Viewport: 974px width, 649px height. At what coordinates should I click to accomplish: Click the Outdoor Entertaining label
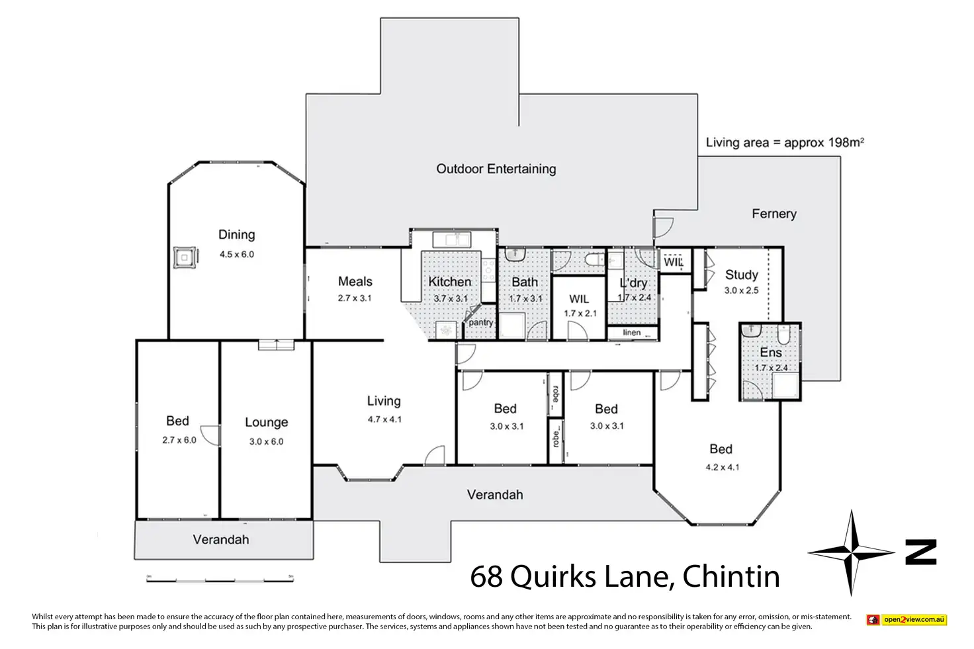(x=496, y=169)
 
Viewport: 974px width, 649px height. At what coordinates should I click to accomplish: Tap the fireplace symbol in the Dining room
(x=185, y=257)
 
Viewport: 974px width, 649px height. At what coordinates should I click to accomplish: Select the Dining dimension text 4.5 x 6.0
(x=237, y=254)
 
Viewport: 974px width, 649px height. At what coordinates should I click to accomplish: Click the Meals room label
(x=355, y=282)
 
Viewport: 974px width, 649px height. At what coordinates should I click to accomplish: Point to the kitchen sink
(x=452, y=239)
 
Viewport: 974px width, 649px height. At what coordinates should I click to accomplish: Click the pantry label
(x=481, y=323)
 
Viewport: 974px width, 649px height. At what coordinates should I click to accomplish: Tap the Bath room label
(x=525, y=282)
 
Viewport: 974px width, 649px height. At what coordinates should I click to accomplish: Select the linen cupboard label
(x=632, y=333)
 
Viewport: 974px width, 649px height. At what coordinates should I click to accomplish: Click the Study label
(x=741, y=275)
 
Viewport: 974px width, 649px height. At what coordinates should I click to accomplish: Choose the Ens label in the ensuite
(x=771, y=353)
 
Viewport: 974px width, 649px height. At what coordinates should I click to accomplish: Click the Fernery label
(x=774, y=214)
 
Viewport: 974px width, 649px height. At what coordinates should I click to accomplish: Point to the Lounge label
(x=266, y=422)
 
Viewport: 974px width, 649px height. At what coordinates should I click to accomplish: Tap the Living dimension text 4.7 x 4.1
(x=384, y=419)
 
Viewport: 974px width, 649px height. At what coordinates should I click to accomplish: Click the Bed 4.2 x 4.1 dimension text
(x=722, y=467)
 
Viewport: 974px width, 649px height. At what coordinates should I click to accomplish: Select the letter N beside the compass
(x=921, y=552)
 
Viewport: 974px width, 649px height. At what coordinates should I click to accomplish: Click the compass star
(x=852, y=551)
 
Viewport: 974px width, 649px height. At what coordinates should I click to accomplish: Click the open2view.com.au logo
(x=907, y=620)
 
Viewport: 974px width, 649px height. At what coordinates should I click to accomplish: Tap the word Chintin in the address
(x=730, y=577)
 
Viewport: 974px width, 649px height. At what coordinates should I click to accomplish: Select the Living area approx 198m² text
(x=785, y=142)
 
